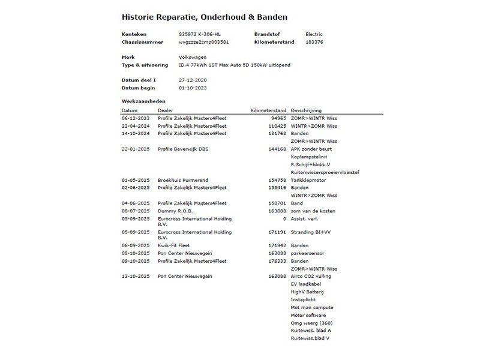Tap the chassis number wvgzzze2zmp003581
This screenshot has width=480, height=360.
pyautogui.click(x=203, y=42)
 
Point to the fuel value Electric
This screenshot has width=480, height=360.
pyautogui.click(x=314, y=34)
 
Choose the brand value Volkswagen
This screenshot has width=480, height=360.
pyautogui.click(x=193, y=57)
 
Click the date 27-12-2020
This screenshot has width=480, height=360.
pyautogui.click(x=193, y=80)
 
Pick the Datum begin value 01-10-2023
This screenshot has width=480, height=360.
pyautogui.click(x=193, y=88)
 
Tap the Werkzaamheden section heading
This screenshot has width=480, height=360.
pyautogui.click(x=143, y=101)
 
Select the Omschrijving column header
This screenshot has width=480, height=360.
pyautogui.click(x=306, y=110)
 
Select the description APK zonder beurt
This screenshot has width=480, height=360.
pyautogui.click(x=311, y=149)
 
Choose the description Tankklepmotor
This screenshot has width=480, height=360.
pyautogui.click(x=308, y=179)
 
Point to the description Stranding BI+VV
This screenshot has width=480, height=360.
pyautogui.click(x=310, y=232)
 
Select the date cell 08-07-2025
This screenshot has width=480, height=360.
pyautogui.click(x=134, y=211)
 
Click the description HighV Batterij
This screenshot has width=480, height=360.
pyautogui.click(x=307, y=292)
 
